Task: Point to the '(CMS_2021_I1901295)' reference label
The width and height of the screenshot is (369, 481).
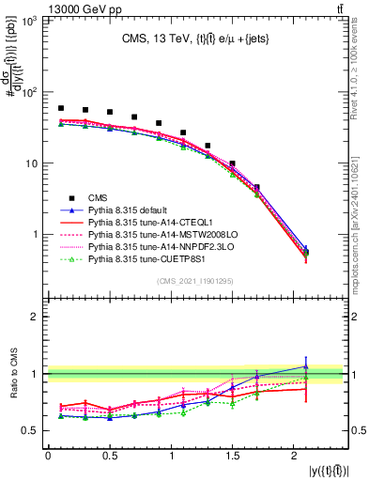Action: pos(194,280)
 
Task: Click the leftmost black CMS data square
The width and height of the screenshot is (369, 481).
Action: pos(61,109)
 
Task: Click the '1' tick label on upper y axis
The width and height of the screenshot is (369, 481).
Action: pos(34,234)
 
